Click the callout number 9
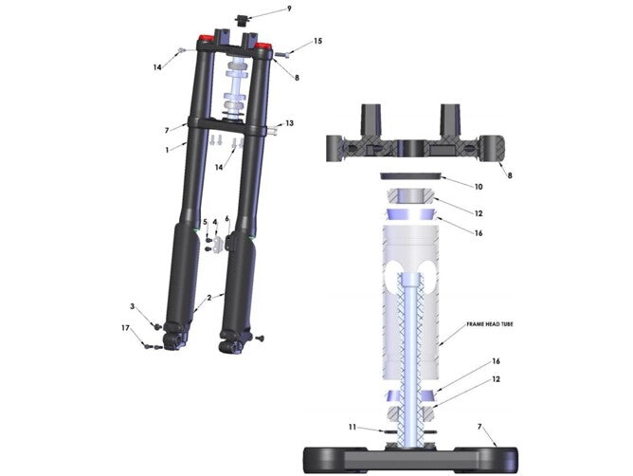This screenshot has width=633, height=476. (x=289, y=9)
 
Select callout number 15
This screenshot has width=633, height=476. (x=317, y=41)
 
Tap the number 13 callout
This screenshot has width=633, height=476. (x=289, y=123)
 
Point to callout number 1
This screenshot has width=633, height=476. (x=167, y=149)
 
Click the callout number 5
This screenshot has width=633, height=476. (x=205, y=222)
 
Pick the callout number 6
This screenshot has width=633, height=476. (x=226, y=219)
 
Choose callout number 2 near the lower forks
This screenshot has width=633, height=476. (x=209, y=298)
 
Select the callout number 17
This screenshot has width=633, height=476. (x=125, y=328)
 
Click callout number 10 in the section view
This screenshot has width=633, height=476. (x=479, y=187)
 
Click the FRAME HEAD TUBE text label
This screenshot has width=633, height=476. (x=490, y=324)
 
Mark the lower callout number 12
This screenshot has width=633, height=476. (x=494, y=380)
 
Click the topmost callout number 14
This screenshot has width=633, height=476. (x=157, y=67)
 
